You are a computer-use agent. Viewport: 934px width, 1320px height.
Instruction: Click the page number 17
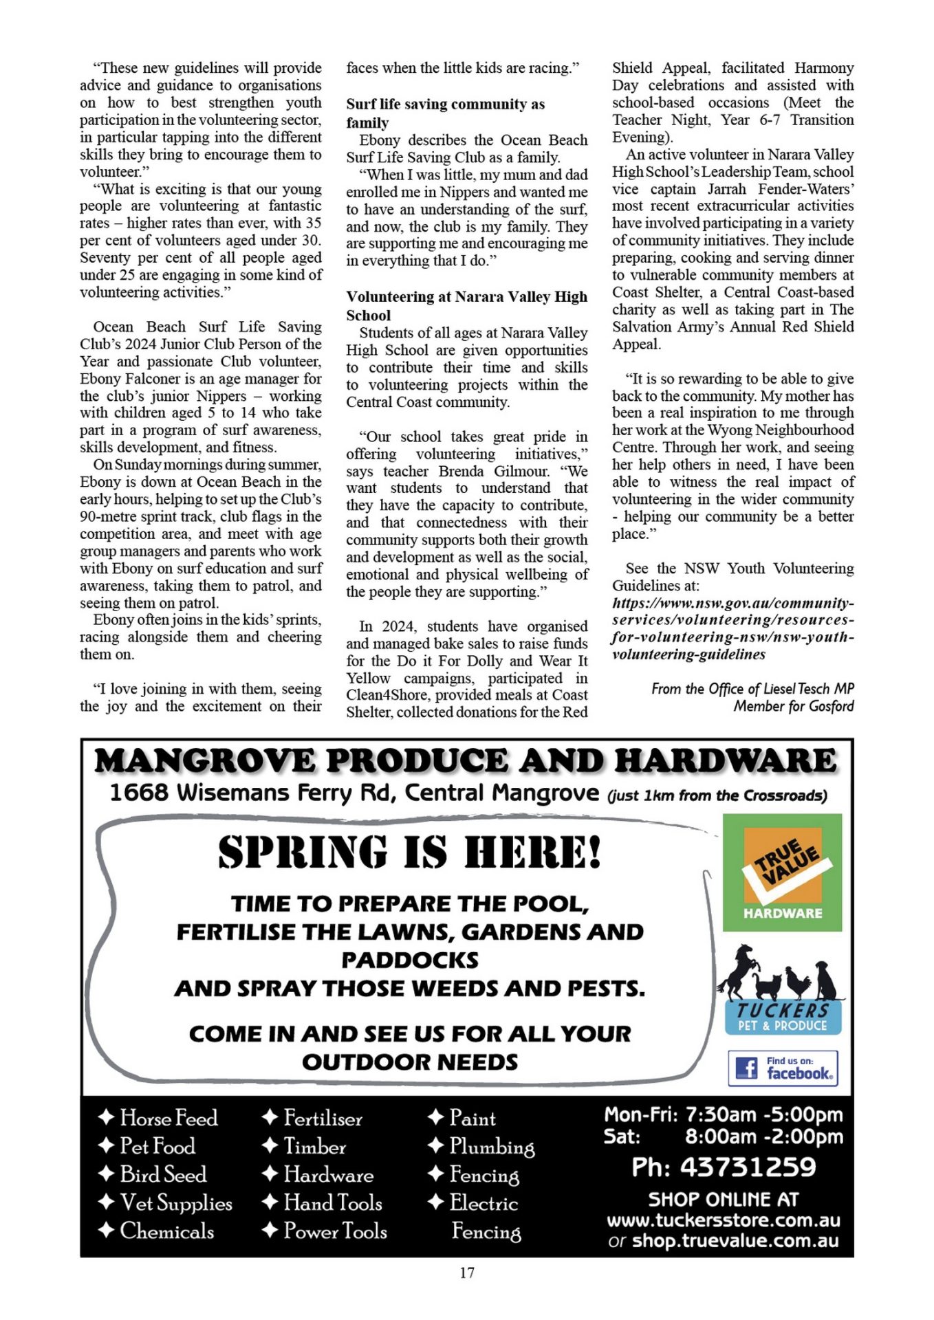(467, 1273)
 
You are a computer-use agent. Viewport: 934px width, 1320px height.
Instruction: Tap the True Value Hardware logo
(782, 872)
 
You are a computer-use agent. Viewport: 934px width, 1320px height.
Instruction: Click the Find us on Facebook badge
(783, 1068)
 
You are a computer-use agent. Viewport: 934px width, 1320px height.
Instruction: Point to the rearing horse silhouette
(738, 971)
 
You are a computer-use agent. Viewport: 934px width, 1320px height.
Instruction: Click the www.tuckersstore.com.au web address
(723, 1220)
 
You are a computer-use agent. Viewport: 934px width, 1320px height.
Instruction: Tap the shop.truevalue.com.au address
(735, 1240)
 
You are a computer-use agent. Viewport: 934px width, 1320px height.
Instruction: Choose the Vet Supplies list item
(175, 1202)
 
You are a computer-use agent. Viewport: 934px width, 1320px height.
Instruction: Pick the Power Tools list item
(335, 1231)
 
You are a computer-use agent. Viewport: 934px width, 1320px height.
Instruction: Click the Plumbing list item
(491, 1146)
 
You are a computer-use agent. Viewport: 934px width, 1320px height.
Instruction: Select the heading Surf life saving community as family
(445, 113)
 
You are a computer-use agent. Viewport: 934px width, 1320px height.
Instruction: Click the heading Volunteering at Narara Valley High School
(466, 306)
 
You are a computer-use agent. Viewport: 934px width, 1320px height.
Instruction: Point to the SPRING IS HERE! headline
(410, 852)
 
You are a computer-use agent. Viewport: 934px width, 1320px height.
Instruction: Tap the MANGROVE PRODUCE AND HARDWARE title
(466, 760)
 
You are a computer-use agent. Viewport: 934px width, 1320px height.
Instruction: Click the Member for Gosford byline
(793, 706)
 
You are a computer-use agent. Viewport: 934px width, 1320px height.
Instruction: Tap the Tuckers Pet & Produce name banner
(783, 1017)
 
